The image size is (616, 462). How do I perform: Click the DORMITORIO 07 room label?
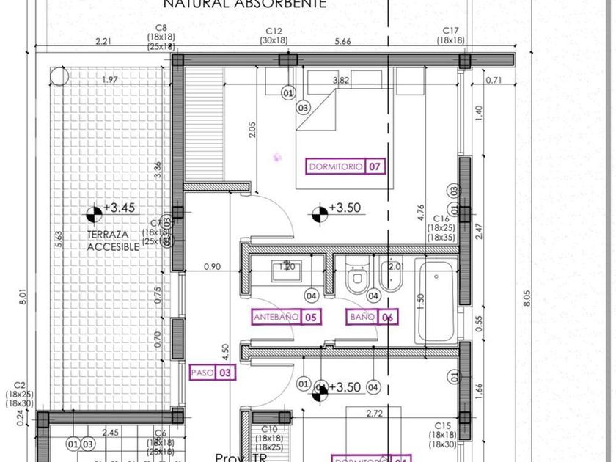pos(345,166)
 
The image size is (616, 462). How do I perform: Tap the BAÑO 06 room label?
pos(373,318)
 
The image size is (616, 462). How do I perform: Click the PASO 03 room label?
pos(213,373)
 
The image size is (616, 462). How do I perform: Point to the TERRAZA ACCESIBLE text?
pos(112,241)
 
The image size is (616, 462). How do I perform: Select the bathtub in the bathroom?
pos(436,301)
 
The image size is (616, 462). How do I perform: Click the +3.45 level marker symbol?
pos(93,213)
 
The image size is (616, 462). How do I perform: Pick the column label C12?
pos(274,31)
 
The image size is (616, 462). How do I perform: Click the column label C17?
pos(450,31)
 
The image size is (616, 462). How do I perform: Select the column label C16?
pos(441,219)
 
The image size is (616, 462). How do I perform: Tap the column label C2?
pos(20,385)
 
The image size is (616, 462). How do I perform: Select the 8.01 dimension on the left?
pos(22,297)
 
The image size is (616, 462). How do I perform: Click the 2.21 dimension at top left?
pos(103,42)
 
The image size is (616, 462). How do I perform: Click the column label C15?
pos(442,425)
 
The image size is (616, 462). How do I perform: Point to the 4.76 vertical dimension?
pos(421,213)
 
